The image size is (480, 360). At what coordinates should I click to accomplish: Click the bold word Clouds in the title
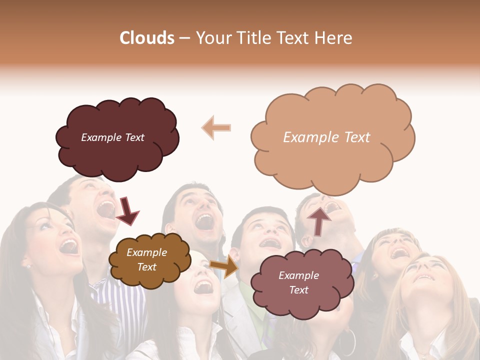pyautogui.click(x=147, y=38)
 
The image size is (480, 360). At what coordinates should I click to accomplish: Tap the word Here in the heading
pyautogui.click(x=333, y=38)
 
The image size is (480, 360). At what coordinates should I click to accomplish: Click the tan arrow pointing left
pyautogui.click(x=216, y=127)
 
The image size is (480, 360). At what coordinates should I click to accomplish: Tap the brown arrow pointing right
pyautogui.click(x=224, y=266)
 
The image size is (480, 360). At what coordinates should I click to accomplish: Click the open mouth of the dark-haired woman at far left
pyautogui.click(x=69, y=246)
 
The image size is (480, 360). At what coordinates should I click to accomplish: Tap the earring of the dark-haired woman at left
pyautogui.click(x=28, y=265)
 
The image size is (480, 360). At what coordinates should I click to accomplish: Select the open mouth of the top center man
pyautogui.click(x=205, y=221)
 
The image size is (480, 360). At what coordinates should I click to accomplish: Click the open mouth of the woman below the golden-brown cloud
pyautogui.click(x=203, y=286)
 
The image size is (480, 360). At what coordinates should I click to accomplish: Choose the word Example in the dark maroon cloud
pyautogui.click(x=102, y=137)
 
